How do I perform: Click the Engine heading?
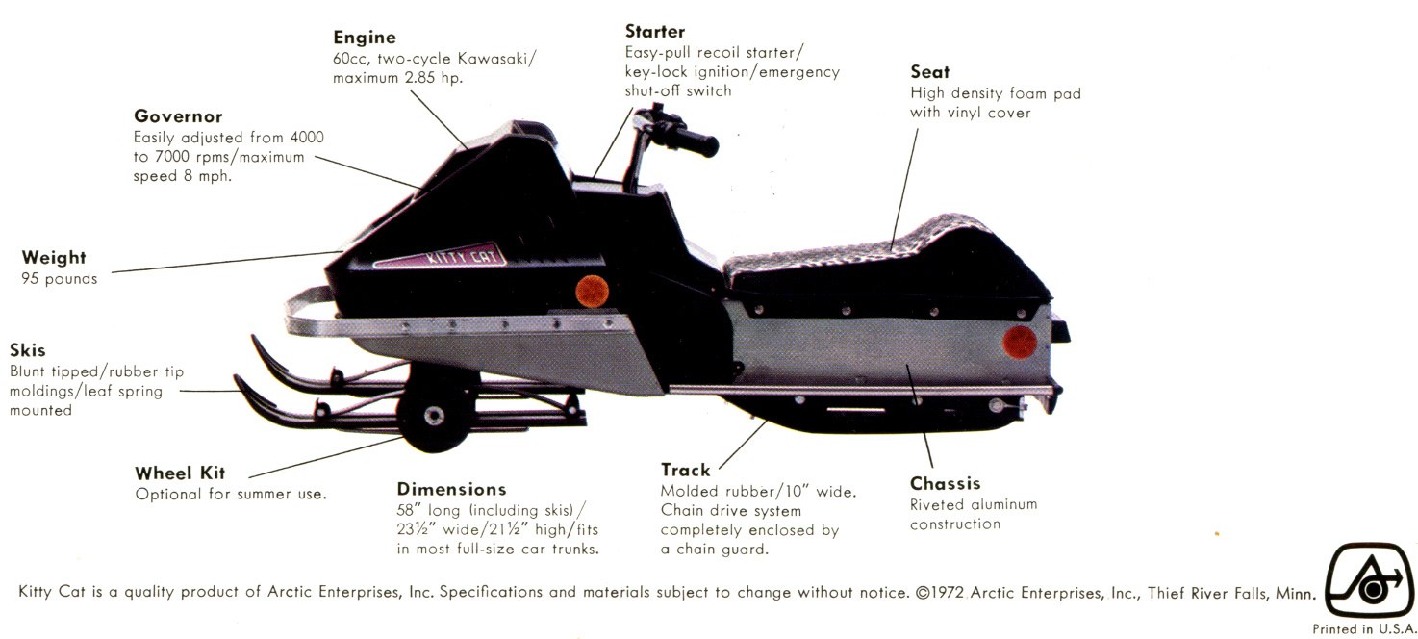(x=365, y=38)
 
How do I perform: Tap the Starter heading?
(x=655, y=32)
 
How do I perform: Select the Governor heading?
(x=178, y=116)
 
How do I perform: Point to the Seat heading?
(x=930, y=71)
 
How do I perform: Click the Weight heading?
(x=54, y=258)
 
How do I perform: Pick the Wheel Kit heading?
(x=180, y=473)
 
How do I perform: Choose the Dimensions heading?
(x=451, y=489)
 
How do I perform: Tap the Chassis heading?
(x=945, y=484)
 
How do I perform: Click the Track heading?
(x=686, y=470)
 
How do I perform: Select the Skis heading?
(x=28, y=350)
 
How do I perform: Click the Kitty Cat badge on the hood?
(x=440, y=257)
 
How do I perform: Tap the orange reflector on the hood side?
(x=592, y=292)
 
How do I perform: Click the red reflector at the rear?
(x=1019, y=343)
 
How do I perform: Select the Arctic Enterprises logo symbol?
(x=1369, y=579)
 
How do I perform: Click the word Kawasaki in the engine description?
(x=497, y=59)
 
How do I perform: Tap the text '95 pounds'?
(x=60, y=279)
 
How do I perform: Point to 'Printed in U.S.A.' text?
(x=1364, y=628)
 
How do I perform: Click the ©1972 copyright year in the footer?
(x=940, y=593)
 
